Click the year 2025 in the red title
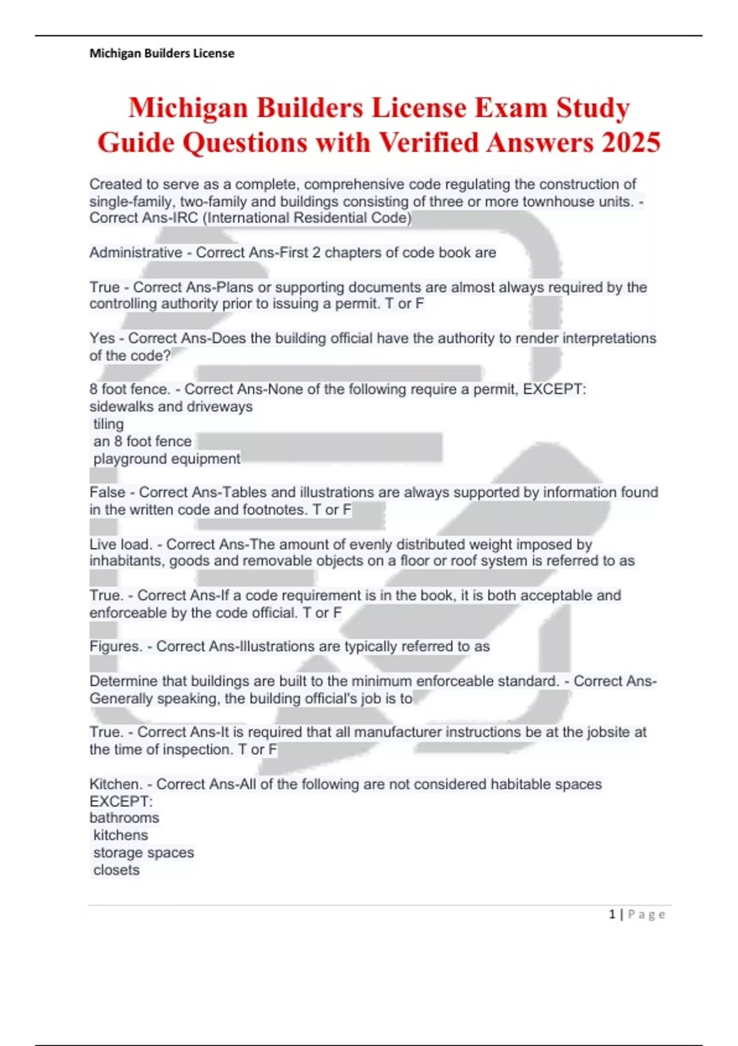click(631, 143)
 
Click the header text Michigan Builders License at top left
click(162, 54)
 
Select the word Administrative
click(136, 252)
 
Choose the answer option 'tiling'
click(108, 424)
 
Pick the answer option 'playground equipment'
click(167, 459)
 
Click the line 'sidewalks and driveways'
click(171, 407)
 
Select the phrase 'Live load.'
click(121, 545)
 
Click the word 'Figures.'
click(116, 647)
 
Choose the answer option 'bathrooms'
click(124, 818)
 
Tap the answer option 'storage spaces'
click(143, 853)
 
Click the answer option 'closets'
click(116, 870)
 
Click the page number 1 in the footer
click(612, 914)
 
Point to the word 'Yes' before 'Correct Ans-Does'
click(102, 338)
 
